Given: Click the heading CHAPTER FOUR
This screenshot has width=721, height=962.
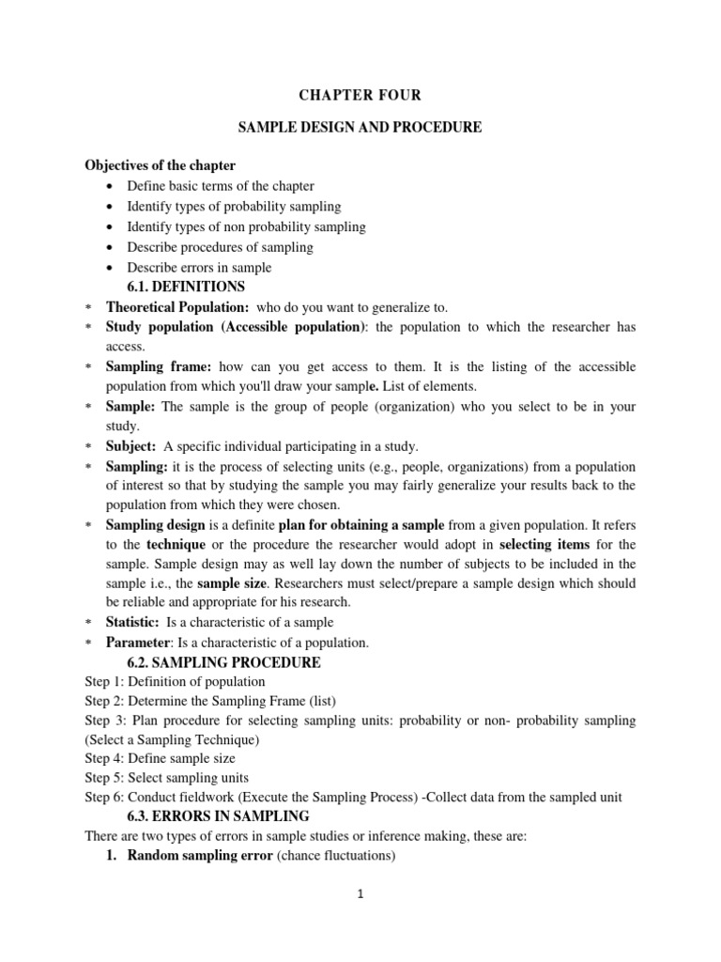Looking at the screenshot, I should pyautogui.click(x=360, y=95).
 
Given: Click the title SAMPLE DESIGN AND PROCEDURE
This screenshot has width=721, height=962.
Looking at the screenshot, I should pyautogui.click(x=360, y=127).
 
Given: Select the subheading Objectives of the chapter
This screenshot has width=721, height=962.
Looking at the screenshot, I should pyautogui.click(x=161, y=165).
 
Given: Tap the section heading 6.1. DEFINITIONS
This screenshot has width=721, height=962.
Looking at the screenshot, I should pyautogui.click(x=185, y=287).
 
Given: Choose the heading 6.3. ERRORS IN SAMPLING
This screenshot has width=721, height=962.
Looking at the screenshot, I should pyautogui.click(x=218, y=815).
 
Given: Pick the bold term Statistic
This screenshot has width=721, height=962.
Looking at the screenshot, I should pyautogui.click(x=133, y=622).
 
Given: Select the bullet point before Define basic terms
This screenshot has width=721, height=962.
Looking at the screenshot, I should pyautogui.click(x=111, y=186).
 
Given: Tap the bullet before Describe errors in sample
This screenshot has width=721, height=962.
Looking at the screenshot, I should pyautogui.click(x=111, y=268).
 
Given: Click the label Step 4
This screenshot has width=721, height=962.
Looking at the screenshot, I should pyautogui.click(x=102, y=758).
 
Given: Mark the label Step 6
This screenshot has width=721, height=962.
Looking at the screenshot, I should pyautogui.click(x=102, y=797).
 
